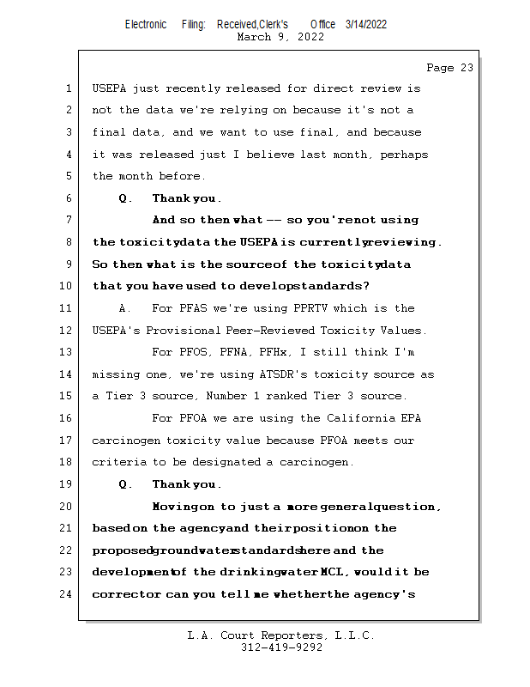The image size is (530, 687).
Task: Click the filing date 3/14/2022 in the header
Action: click(366, 25)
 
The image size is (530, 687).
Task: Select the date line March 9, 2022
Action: click(280, 37)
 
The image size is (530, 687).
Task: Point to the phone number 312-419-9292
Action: click(281, 647)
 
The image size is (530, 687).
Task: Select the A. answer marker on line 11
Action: click(125, 308)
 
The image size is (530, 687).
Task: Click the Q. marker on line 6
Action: click(125, 198)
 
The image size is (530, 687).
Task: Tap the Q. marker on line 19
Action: click(125, 484)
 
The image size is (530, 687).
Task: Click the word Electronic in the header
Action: click(146, 25)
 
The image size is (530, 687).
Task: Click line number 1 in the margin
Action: click(69, 88)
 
